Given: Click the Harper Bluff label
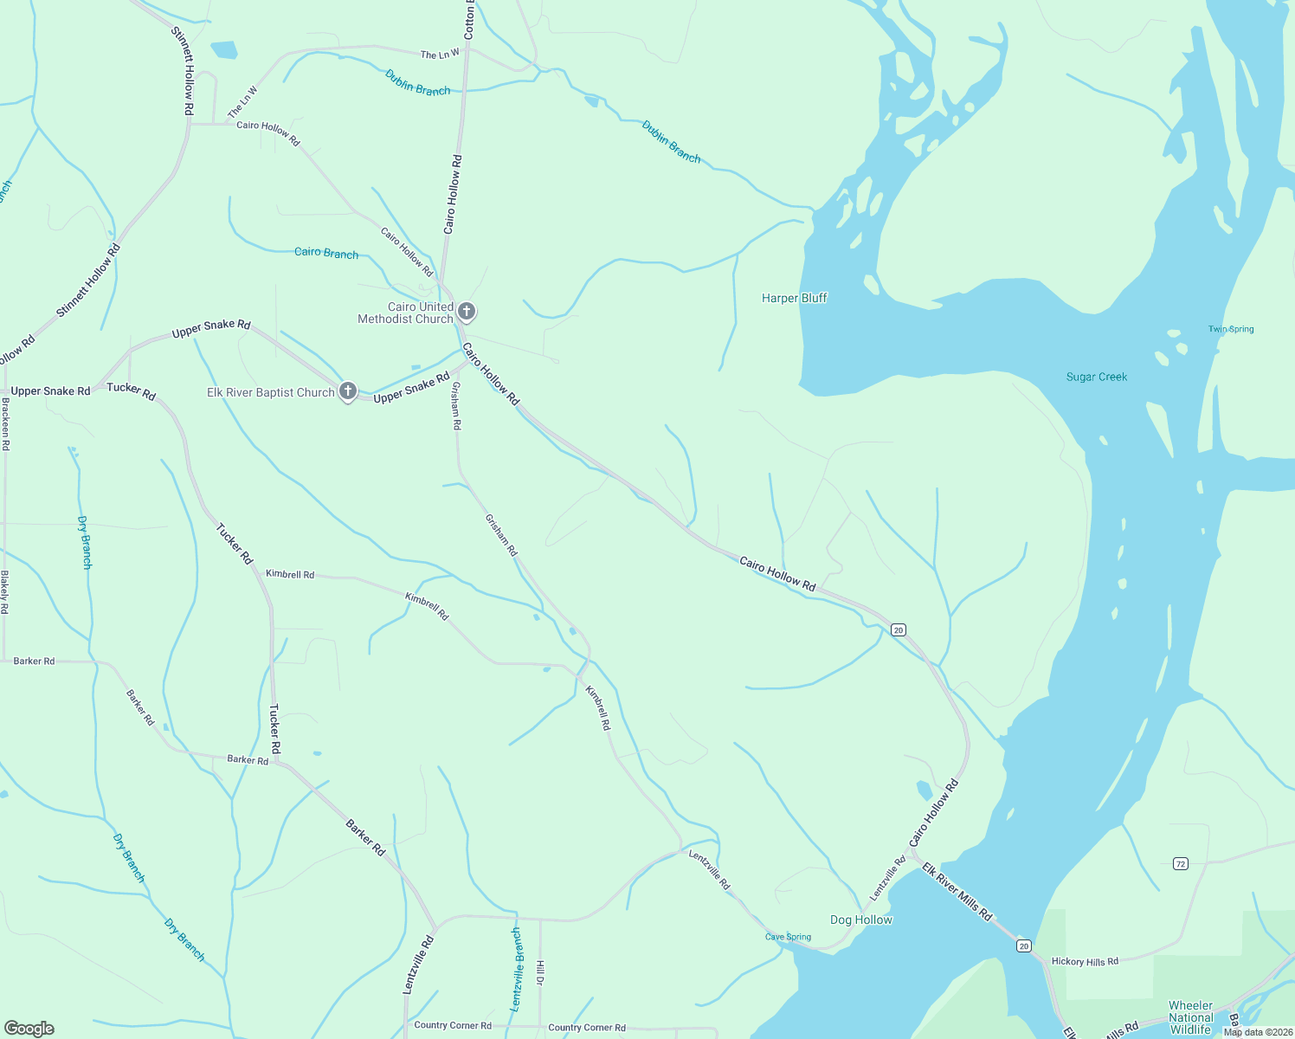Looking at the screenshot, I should pos(794,298).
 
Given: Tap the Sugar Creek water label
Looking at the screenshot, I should pos(1096,377).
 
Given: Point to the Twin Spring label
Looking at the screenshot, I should pos(1231,329).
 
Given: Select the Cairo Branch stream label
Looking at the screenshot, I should pos(326,253).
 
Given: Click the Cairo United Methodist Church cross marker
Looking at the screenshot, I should pos(467,312).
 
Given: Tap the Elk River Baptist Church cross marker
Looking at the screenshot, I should pos(348,391).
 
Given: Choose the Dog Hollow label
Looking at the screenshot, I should pos(860,920).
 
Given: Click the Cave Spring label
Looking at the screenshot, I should pos(788,937).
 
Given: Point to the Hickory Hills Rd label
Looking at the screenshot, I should pos(1085,961).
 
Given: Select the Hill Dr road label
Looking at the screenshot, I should pos(540,972).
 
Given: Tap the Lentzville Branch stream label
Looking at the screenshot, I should pos(517,970).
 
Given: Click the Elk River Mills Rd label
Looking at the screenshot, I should pos(957,891).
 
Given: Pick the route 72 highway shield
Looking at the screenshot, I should pos(1180,863).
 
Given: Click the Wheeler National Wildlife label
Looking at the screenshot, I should pos(1190,1017).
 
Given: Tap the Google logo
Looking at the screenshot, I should pos(29,1028).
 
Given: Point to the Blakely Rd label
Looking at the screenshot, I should pos(4,592).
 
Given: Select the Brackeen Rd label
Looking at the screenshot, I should pos(5,424).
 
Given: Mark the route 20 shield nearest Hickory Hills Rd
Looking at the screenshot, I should pos(1024,945).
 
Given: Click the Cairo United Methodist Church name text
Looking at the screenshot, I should pos(406,313).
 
